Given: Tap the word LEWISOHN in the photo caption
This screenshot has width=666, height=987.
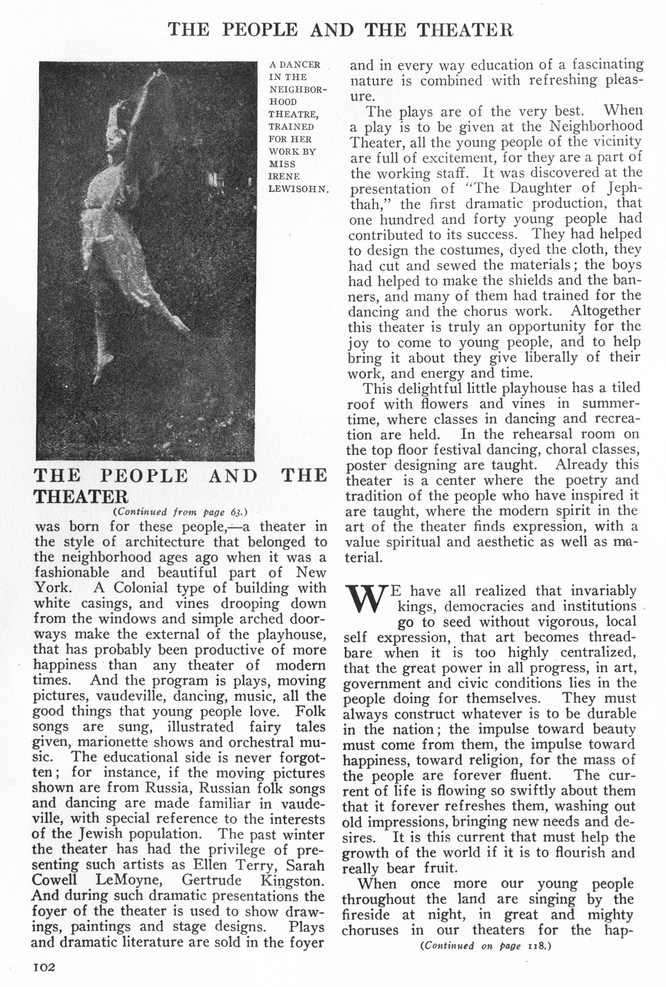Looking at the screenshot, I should coord(299,189).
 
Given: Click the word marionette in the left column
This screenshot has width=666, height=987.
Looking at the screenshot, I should coord(112,743).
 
